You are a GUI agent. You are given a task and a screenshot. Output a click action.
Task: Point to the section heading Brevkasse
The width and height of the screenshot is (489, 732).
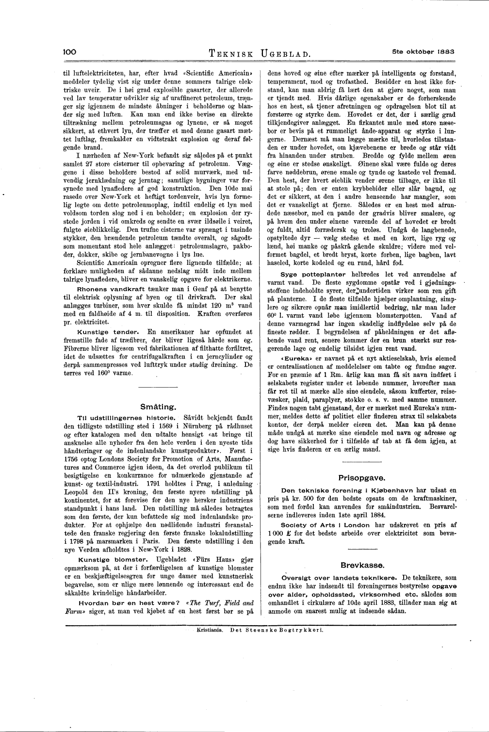[x=356, y=565]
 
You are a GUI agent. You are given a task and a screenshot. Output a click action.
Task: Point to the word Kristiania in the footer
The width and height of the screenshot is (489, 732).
[x=210, y=631]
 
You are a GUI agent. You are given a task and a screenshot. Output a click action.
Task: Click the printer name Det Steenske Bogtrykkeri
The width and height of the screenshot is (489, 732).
[x=277, y=631]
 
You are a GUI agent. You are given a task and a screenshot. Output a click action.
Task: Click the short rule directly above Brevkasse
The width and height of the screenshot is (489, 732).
[x=356, y=549]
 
